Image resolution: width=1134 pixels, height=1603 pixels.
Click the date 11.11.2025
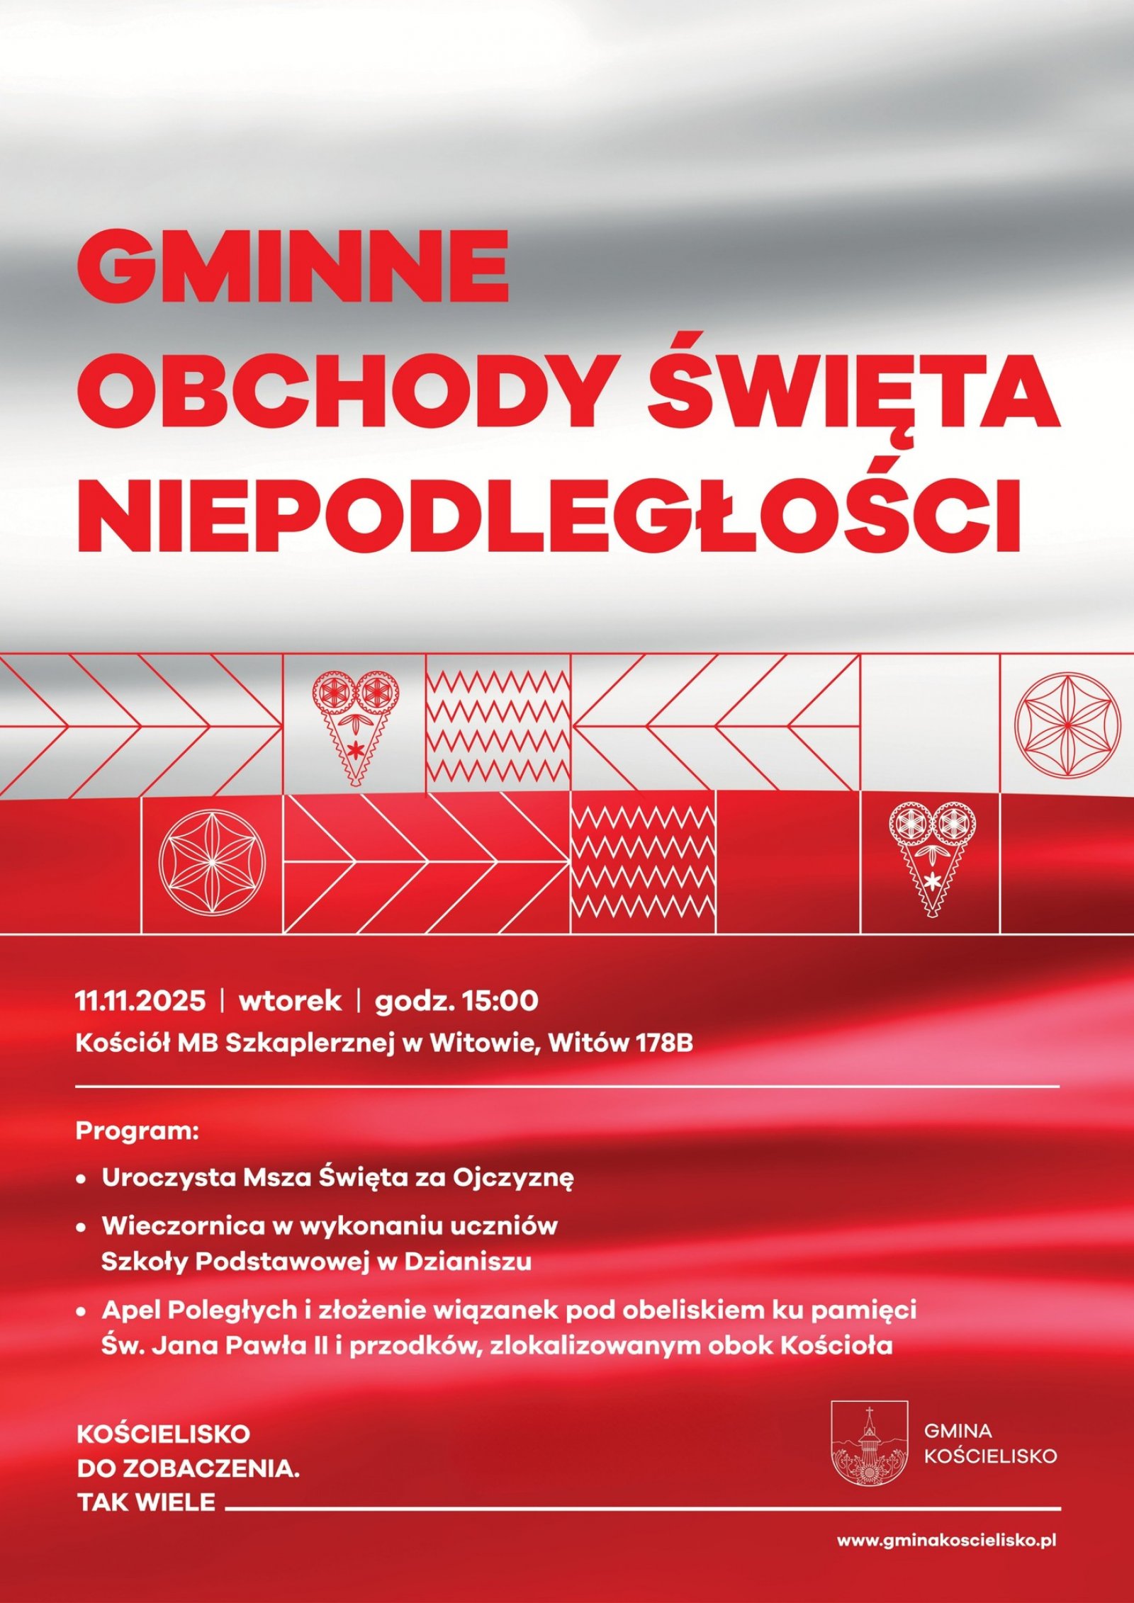[x=140, y=1001]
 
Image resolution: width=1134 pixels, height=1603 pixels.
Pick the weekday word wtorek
[x=290, y=1001]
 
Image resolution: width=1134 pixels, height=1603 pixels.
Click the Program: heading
[x=137, y=1131]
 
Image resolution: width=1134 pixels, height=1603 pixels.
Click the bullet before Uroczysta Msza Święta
[x=82, y=1179]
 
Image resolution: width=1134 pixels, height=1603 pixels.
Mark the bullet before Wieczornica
[x=82, y=1227]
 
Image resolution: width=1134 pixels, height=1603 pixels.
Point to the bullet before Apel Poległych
[x=82, y=1312]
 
